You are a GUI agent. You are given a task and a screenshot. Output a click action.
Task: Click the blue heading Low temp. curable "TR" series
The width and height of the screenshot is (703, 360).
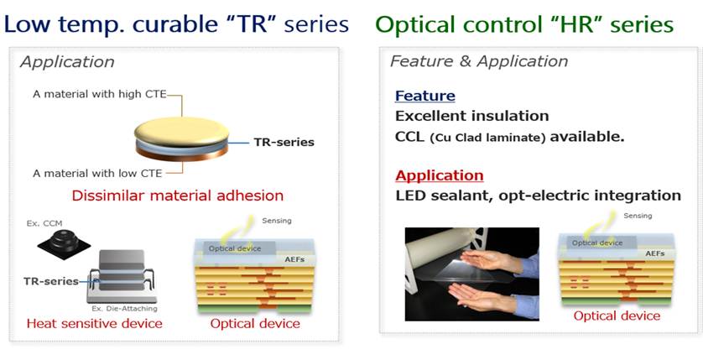[x=176, y=24]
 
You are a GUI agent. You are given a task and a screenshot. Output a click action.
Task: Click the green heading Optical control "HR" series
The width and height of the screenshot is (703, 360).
[x=524, y=24]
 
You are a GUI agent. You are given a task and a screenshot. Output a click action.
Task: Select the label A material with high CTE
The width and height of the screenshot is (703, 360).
[x=100, y=95]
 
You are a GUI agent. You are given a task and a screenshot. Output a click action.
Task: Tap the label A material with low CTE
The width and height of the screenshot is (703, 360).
[x=97, y=173]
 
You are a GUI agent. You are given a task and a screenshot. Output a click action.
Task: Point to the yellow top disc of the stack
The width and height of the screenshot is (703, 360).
[x=181, y=132]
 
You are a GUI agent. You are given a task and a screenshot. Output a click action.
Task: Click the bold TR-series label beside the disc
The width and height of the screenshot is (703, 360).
[x=284, y=143]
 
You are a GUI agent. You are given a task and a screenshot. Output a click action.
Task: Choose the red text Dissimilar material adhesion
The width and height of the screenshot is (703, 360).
[x=178, y=196]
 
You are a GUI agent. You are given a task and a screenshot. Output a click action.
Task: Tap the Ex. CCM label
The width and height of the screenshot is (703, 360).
[x=44, y=223]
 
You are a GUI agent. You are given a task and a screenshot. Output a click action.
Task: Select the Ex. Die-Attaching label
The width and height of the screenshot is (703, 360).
[x=124, y=309]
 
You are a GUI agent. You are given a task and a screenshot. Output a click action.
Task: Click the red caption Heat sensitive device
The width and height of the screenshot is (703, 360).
[x=95, y=323]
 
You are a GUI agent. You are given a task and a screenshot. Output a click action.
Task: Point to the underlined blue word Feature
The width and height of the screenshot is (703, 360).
[x=425, y=96]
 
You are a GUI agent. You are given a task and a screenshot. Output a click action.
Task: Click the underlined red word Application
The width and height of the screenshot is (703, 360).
[x=440, y=175]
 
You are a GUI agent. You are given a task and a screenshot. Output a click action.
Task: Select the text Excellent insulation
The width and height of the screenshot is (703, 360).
[x=471, y=116]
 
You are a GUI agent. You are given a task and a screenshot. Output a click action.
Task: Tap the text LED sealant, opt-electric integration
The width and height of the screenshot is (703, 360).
[x=538, y=196]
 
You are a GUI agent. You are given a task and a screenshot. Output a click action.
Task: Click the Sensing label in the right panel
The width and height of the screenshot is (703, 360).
[x=638, y=217]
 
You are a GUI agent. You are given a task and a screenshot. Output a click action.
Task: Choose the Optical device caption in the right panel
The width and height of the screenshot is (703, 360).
[x=617, y=316]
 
